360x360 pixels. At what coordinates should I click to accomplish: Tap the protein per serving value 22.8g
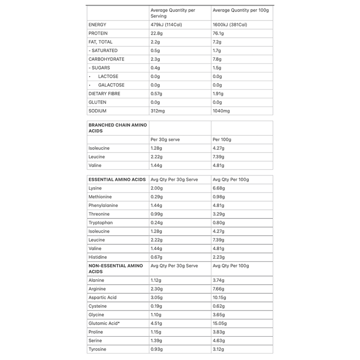click(x=157, y=33)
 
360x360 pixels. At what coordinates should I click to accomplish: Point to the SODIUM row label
click(x=99, y=111)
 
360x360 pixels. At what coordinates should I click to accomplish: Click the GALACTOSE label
click(x=111, y=85)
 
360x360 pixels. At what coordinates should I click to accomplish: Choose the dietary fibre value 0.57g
click(x=157, y=94)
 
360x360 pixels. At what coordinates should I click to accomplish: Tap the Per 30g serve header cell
click(x=165, y=139)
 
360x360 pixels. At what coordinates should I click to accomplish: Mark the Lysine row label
click(x=96, y=188)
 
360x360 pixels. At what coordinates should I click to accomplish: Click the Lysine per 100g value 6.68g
click(x=219, y=188)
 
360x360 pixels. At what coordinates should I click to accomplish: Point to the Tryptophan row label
click(x=101, y=223)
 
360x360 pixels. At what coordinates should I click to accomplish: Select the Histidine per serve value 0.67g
click(x=157, y=257)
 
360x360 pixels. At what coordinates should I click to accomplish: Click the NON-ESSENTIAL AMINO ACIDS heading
click(x=117, y=269)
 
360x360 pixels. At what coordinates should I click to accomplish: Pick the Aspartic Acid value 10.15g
click(x=220, y=297)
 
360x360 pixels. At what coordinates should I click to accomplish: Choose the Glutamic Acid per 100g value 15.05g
click(x=220, y=323)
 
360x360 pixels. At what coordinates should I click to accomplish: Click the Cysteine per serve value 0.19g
click(x=157, y=306)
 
